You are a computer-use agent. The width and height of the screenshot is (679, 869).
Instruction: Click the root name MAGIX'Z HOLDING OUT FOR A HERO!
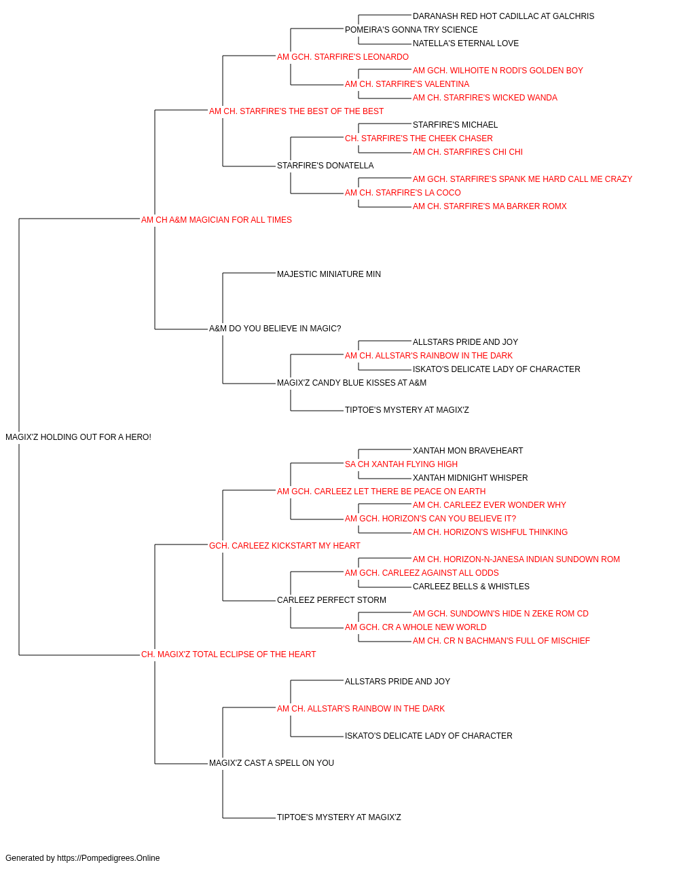pyautogui.click(x=78, y=437)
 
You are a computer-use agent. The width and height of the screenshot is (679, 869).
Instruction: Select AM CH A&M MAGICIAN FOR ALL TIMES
pyautogui.click(x=217, y=220)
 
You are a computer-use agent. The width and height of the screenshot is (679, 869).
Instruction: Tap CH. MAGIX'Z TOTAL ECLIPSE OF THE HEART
pyautogui.click(x=228, y=654)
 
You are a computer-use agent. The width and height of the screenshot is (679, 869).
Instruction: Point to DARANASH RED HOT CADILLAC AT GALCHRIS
pyautogui.click(x=503, y=16)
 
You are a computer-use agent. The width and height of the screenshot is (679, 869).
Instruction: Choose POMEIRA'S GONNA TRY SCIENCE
pyautogui.click(x=411, y=30)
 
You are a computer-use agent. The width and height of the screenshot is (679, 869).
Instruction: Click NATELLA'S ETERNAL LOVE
pyautogui.click(x=466, y=43)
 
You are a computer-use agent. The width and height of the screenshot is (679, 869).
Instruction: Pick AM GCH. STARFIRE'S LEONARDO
pyautogui.click(x=343, y=57)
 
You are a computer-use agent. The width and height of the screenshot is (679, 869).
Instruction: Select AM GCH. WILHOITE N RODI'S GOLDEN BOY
pyautogui.click(x=498, y=71)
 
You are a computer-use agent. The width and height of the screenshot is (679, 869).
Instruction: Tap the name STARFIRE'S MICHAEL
pyautogui.click(x=455, y=125)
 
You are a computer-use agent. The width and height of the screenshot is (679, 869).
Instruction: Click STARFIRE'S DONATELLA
pyautogui.click(x=325, y=166)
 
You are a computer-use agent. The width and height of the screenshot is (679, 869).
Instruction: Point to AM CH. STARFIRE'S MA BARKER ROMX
pyautogui.click(x=490, y=206)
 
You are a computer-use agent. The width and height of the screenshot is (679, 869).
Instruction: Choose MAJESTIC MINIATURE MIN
pyautogui.click(x=329, y=274)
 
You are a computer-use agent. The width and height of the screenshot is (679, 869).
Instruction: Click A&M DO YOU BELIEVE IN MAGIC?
pyautogui.click(x=275, y=329)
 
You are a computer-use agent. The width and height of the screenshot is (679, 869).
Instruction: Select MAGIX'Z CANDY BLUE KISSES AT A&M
pyautogui.click(x=352, y=383)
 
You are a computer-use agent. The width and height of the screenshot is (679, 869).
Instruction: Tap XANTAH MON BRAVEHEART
pyautogui.click(x=468, y=451)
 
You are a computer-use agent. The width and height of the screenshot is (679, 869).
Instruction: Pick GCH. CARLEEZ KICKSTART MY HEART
pyautogui.click(x=285, y=546)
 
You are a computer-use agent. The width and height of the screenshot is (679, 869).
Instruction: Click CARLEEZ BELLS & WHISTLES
pyautogui.click(x=471, y=587)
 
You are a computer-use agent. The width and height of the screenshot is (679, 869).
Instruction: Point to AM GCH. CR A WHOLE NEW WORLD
pyautogui.click(x=416, y=627)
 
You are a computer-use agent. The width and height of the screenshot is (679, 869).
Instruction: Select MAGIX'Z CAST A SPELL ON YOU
pyautogui.click(x=272, y=763)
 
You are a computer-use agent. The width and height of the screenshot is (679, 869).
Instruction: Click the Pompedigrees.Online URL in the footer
pyautogui.click(x=109, y=858)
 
